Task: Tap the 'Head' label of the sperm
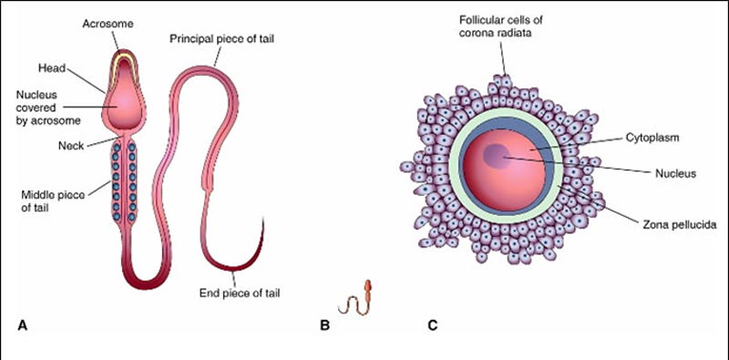(x=50, y=66)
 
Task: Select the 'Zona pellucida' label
(x=652, y=222)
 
